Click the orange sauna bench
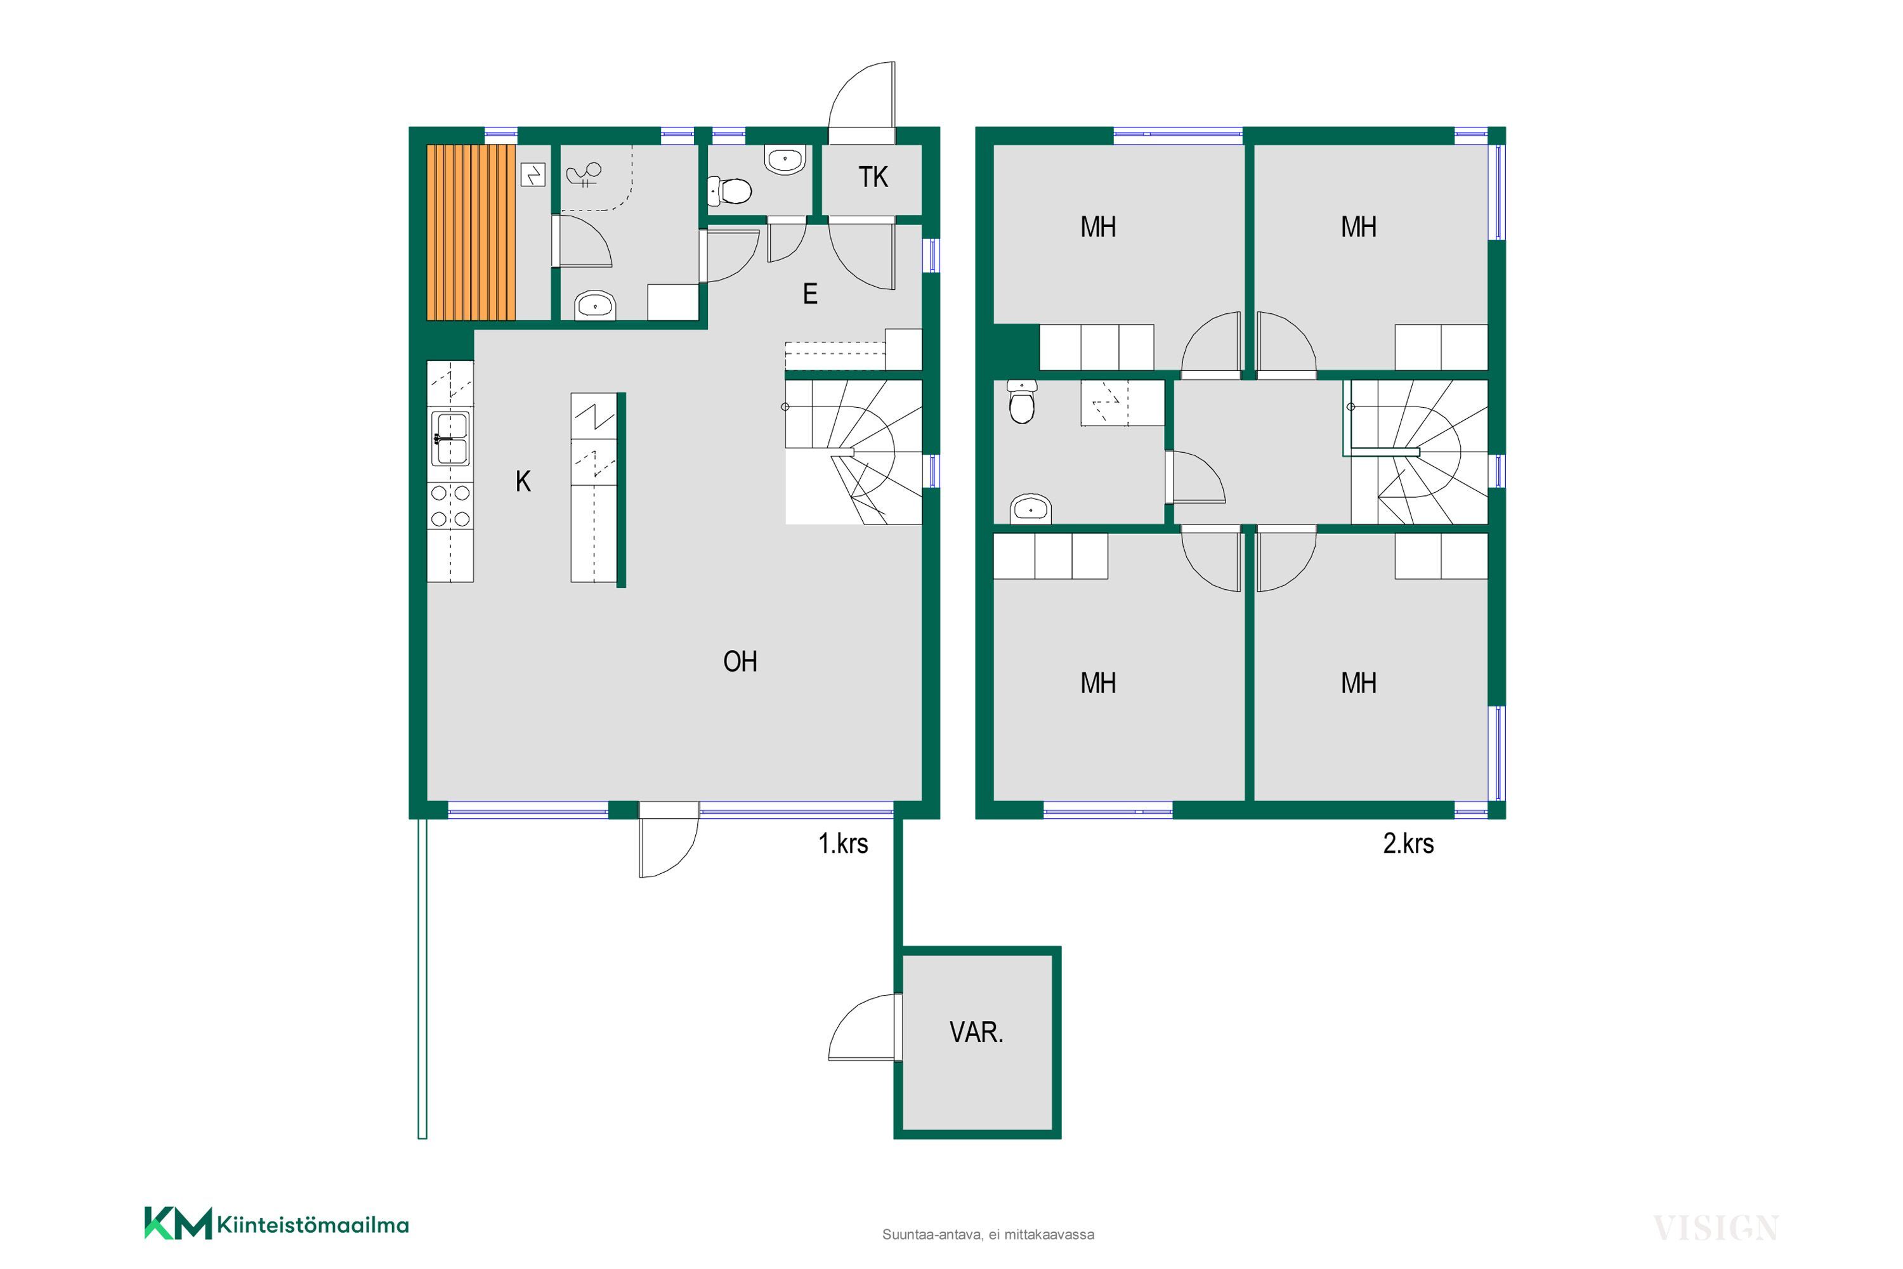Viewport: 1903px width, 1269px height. (x=471, y=232)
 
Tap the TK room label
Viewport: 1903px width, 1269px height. (x=873, y=177)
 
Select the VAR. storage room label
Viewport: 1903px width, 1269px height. (x=976, y=1032)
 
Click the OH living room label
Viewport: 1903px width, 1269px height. (x=740, y=662)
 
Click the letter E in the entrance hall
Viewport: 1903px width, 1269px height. (x=810, y=294)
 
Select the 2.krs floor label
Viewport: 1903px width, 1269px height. (x=1408, y=844)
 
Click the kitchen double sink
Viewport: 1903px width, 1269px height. (x=450, y=439)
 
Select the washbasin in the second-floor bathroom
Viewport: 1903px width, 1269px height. (x=1030, y=510)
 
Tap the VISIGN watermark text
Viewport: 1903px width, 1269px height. (x=1715, y=1228)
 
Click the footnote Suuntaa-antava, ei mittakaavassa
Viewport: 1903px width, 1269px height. (x=988, y=1235)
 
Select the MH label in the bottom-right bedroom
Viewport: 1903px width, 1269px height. (x=1358, y=684)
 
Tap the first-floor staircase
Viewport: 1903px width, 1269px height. (x=854, y=452)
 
